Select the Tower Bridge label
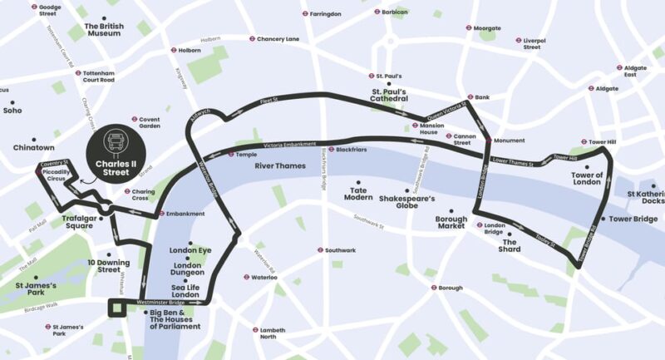pos(634,219)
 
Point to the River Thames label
pos(280,166)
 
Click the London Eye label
pos(190,250)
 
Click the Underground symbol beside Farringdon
pos(305,14)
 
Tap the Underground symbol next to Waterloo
pos(247,277)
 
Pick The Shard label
pos(509,246)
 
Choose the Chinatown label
pos(33,148)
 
